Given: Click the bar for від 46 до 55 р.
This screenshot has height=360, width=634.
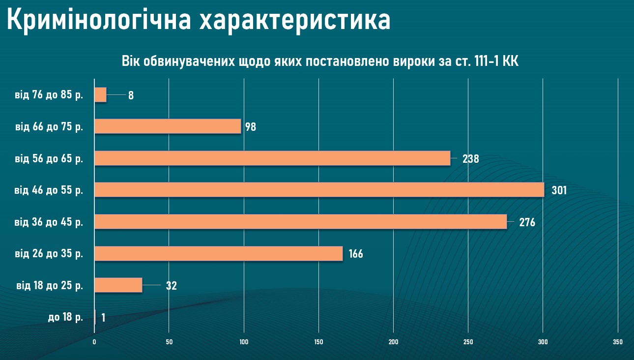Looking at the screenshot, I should click(319, 190).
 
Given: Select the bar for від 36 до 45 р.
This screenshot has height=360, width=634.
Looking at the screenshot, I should click(300, 222).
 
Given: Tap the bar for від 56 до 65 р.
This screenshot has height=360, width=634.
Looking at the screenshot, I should click(272, 158).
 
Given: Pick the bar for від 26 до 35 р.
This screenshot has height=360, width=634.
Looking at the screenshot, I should click(218, 254).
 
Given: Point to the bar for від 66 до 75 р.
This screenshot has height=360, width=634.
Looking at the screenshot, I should click(168, 126).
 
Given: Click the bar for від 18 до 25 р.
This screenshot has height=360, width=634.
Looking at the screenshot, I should click(118, 285).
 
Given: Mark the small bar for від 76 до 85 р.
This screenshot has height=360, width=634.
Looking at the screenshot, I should click(100, 95).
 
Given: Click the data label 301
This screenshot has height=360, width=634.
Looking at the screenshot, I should click(559, 190).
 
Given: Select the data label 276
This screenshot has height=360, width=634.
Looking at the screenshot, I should click(527, 222).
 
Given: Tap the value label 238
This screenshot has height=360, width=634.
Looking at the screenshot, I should click(470, 159).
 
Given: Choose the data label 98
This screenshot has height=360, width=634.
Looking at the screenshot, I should click(251, 127).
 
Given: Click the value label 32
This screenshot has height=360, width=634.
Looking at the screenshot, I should click(171, 286).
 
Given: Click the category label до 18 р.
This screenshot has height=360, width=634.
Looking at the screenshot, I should click(65, 317).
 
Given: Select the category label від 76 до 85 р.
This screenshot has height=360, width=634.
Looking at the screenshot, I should click(49, 95).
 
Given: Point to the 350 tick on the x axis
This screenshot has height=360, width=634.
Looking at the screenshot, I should click(618, 342).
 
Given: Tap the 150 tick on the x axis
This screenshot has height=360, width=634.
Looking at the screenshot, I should click(318, 342).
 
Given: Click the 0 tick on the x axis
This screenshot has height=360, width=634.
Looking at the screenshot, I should click(94, 342).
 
